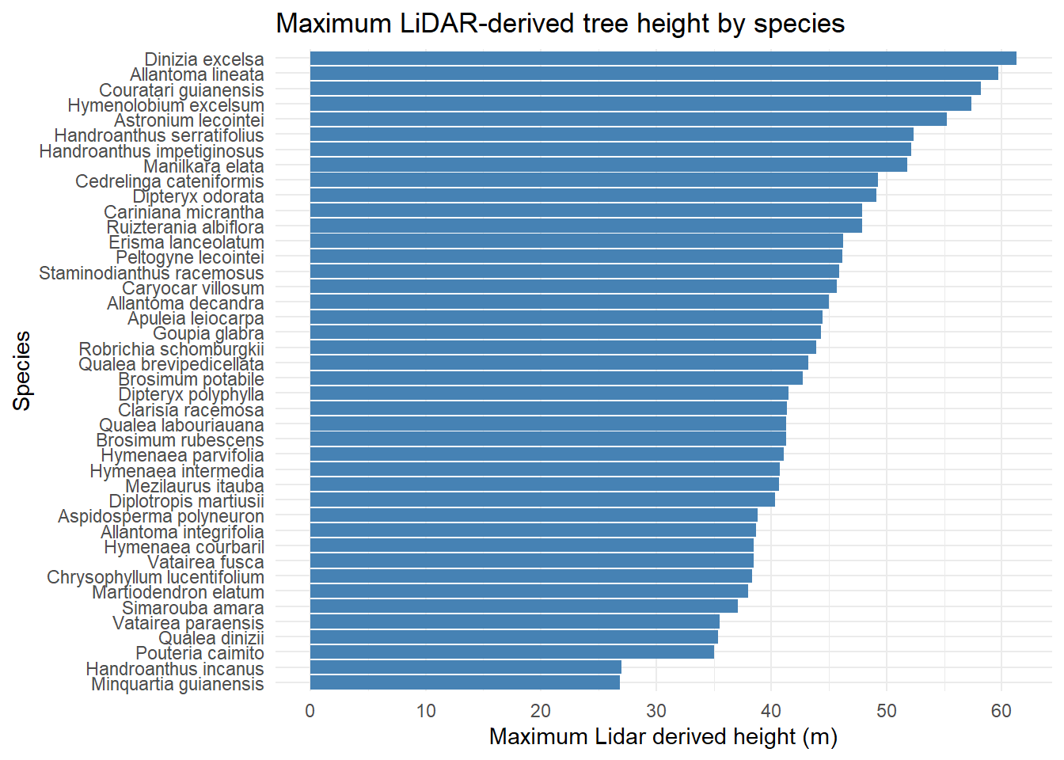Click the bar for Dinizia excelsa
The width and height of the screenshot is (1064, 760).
pos(663,59)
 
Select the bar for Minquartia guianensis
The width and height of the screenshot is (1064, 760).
pos(465,683)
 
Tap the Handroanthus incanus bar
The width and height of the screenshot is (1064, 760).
pos(465,668)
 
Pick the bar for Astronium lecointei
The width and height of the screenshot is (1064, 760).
pos(628,120)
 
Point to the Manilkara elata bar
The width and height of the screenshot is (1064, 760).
pos(608,165)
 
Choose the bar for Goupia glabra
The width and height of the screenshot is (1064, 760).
pos(565,333)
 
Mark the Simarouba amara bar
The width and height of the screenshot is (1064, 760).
pos(523,607)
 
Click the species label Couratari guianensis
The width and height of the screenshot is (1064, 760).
pos(181,90)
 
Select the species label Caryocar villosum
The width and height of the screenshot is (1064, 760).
pos(192,288)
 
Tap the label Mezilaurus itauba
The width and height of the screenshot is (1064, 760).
pos(195,486)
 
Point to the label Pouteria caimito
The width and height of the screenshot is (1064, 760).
pos(199,653)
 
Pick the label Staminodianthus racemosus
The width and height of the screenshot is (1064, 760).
pos(151,273)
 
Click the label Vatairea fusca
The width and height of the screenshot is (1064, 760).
pos(205,562)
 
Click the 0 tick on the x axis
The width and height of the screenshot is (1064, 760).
pos(310,711)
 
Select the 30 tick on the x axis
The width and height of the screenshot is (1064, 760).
pos(655,711)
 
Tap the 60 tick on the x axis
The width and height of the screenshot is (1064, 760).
pos(1001,711)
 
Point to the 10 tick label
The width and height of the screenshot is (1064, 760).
pos(425,711)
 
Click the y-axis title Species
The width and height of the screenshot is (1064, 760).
pos(22,370)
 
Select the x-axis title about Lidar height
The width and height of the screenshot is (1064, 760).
pos(663,737)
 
